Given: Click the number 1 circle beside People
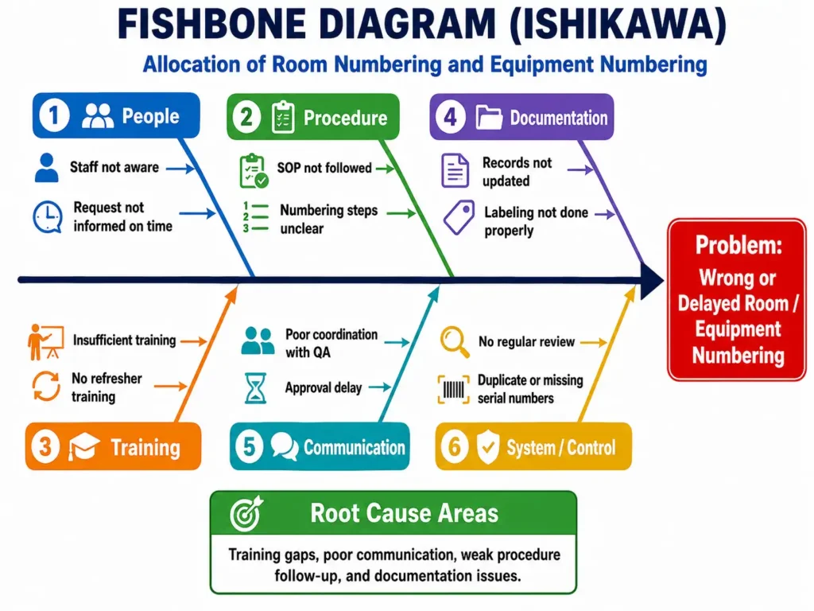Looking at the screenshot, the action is pos(53,115).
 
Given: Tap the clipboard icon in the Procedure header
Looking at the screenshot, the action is pos(283,118).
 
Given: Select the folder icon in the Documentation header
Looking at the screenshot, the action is pos(489,117).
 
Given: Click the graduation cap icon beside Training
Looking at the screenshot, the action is pos(83,446).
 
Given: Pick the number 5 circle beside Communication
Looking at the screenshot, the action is pos(249,446).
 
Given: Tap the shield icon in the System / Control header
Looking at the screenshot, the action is pos(488,446).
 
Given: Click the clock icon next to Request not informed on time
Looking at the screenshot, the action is pos(48,216).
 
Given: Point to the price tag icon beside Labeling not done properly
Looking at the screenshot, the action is pos(459,217).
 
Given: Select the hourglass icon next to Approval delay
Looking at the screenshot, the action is pos(255,388).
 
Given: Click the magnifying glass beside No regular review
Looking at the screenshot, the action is pos(455,342).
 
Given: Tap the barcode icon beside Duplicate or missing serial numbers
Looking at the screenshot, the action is pos(453,390).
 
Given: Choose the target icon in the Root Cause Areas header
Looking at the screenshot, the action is pos(246,514).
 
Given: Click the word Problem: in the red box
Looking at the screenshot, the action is pos(738,245).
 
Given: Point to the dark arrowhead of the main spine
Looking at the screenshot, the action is pos(652,281).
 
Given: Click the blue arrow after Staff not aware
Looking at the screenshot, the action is pos(180,169).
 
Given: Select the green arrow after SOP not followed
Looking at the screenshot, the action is pos(386,169).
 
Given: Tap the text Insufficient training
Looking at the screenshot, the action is pos(125,341).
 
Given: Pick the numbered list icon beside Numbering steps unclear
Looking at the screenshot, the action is pos(256,217).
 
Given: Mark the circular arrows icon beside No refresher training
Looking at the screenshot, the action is pos(46,386).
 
